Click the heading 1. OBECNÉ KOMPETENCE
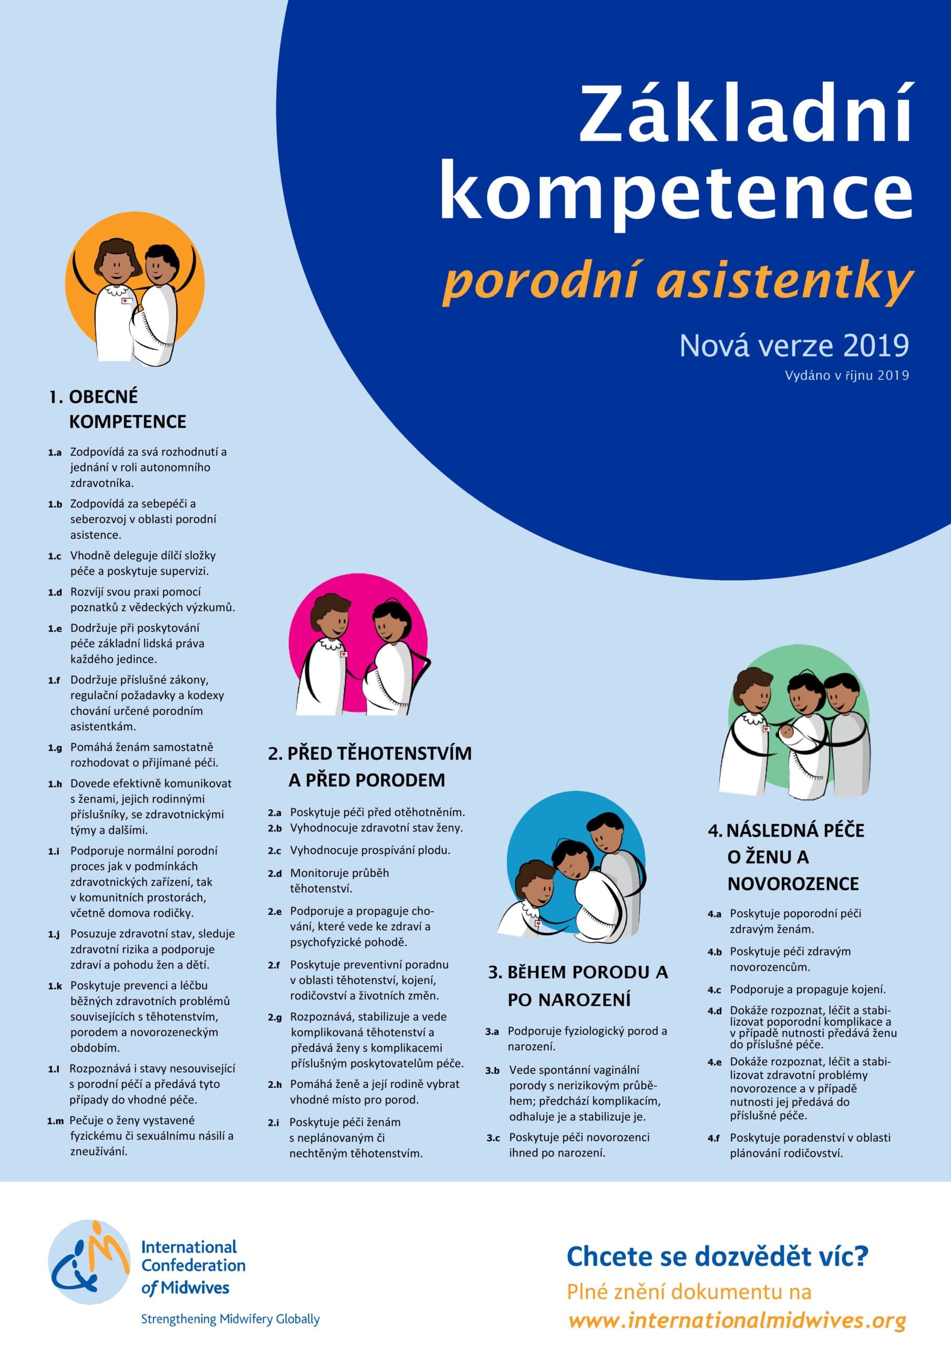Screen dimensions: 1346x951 [117, 409]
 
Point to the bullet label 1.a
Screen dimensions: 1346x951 [55, 453]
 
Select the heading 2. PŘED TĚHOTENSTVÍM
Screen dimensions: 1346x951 [370, 753]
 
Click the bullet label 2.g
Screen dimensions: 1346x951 [275, 1017]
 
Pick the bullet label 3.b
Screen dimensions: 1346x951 [492, 1070]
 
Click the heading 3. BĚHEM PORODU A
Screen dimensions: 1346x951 [578, 973]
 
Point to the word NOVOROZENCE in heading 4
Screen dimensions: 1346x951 [793, 883]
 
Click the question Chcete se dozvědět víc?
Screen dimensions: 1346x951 [717, 1256]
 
